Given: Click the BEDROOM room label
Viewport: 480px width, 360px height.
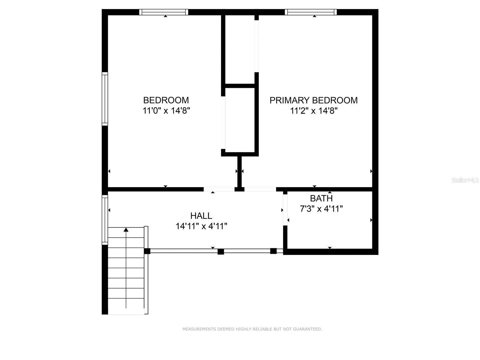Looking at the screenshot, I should tap(166, 100).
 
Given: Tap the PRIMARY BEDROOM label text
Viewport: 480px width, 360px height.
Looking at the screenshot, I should tap(313, 100).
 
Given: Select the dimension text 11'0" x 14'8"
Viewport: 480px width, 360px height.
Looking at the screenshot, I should tap(166, 111).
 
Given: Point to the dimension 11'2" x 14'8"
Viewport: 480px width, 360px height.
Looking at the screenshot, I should tap(314, 111).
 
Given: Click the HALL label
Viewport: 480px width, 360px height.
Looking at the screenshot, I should tap(201, 216).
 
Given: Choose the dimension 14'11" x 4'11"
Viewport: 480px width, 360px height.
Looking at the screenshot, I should tap(201, 226).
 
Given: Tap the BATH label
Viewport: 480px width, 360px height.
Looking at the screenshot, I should tap(321, 198).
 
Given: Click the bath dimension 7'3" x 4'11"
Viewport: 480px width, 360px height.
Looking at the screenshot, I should tap(321, 208).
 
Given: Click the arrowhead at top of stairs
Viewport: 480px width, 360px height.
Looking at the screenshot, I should tap(126, 230).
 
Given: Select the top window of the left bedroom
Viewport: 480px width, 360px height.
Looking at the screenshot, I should tap(164, 12).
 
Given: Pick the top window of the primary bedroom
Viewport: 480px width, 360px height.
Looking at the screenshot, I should tap(310, 12).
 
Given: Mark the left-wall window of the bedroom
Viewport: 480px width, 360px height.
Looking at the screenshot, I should tap(105, 99).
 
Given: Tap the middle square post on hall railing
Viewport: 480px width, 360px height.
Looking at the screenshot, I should tap(221, 251).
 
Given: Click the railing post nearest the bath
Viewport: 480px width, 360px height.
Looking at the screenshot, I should tap(273, 251).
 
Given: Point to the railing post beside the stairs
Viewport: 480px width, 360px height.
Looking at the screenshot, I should tap(147, 251).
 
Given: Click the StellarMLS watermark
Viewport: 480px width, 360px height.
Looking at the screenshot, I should tap(465, 180).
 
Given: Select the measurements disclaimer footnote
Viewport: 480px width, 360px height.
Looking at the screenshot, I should tap(252, 329).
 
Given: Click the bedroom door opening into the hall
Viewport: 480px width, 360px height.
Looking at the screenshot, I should tap(219, 189).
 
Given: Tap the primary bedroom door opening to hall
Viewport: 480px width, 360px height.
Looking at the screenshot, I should tap(260, 189).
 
